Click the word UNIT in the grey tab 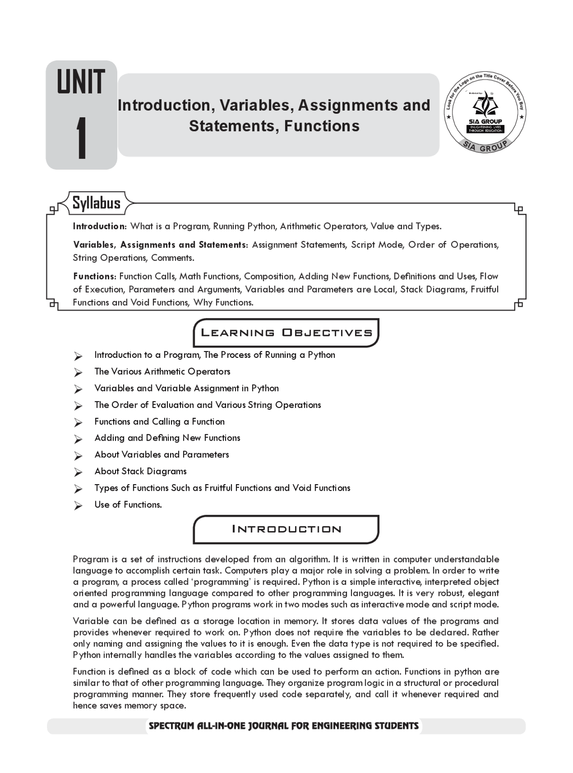[81, 82]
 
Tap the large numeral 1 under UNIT [81, 138]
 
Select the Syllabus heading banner [97, 203]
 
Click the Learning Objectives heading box [286, 333]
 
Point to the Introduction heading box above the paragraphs [286, 529]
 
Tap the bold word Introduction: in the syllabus [100, 226]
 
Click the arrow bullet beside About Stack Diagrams [78, 472]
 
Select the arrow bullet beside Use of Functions [78, 506]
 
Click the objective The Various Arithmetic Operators [162, 371]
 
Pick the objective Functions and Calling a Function [159, 421]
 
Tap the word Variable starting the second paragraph [90, 621]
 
